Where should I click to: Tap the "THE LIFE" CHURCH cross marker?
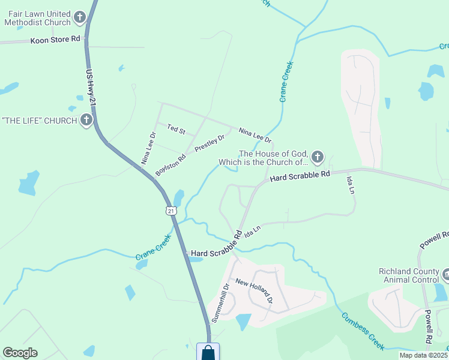coord(86,121)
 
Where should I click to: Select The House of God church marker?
coord(317,158)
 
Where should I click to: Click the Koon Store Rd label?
coord(55,40)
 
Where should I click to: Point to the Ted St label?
coord(176,129)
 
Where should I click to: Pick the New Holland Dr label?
coord(255,290)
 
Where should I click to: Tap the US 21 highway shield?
coord(171,211)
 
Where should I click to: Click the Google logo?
coord(20,353)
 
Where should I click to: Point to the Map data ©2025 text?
coord(424,355)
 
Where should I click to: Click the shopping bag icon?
coord(208,352)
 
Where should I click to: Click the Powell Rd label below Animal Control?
coord(429,326)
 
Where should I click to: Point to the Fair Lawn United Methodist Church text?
coord(37,19)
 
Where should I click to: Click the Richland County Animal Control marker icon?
coord(446,275)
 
